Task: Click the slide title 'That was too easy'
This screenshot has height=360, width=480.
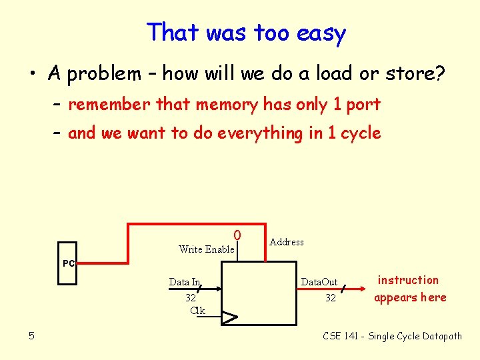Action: pos(246,33)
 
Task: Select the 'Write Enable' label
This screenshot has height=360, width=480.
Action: pos(207,249)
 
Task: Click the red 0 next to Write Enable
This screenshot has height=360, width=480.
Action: pos(237,235)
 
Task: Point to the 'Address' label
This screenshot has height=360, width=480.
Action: pos(287,242)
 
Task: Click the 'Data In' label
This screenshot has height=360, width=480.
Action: pos(185,282)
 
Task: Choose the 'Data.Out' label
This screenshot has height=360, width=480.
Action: pos(320,283)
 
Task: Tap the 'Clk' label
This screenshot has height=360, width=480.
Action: pos(197,310)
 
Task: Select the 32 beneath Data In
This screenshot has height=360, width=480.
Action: pos(191,297)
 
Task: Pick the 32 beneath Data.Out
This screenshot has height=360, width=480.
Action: pos(330,298)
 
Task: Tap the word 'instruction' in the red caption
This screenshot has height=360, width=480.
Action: pos(408,280)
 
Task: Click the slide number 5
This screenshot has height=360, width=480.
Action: pos(31,335)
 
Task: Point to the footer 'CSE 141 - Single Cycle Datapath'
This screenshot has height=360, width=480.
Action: pos(392,336)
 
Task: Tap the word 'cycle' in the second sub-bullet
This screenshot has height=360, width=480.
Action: pos(360,133)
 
